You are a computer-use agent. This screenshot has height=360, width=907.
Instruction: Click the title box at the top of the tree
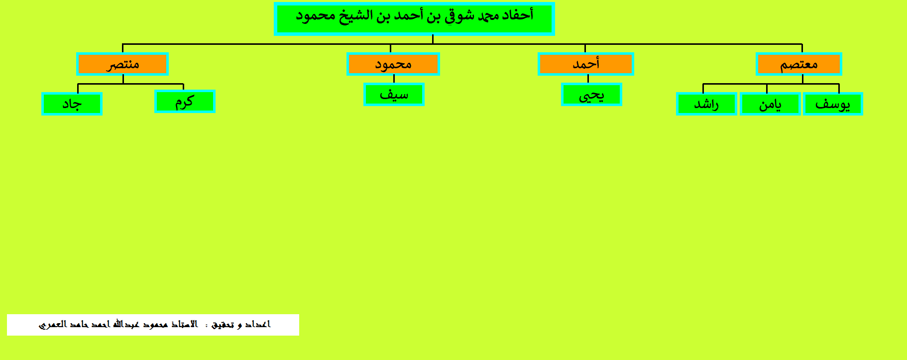(414, 19)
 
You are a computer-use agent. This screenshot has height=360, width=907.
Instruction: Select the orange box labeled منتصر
(122, 64)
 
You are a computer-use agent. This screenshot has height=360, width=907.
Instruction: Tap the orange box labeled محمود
(393, 64)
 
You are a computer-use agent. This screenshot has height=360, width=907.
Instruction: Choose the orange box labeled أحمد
(586, 64)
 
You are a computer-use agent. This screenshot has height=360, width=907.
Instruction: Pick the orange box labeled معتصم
(799, 64)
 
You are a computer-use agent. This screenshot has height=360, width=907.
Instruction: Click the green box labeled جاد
(72, 104)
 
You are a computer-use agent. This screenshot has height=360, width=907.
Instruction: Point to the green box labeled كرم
(185, 102)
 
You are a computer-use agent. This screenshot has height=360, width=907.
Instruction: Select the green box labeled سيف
(394, 95)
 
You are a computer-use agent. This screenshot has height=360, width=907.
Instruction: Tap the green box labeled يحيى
(591, 95)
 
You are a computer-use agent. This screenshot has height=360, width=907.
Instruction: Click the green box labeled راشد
(706, 104)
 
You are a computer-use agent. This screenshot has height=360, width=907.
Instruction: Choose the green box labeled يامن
(770, 104)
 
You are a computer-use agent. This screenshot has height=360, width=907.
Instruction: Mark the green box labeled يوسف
(833, 104)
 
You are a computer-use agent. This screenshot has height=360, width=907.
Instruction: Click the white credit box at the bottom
(153, 325)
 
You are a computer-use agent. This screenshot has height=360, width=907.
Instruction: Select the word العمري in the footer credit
(52, 325)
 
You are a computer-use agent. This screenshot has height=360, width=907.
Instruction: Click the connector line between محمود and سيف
(394, 79)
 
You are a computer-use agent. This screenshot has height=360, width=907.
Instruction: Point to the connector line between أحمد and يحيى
(588, 79)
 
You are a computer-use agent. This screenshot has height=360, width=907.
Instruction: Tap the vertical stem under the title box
(433, 40)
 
